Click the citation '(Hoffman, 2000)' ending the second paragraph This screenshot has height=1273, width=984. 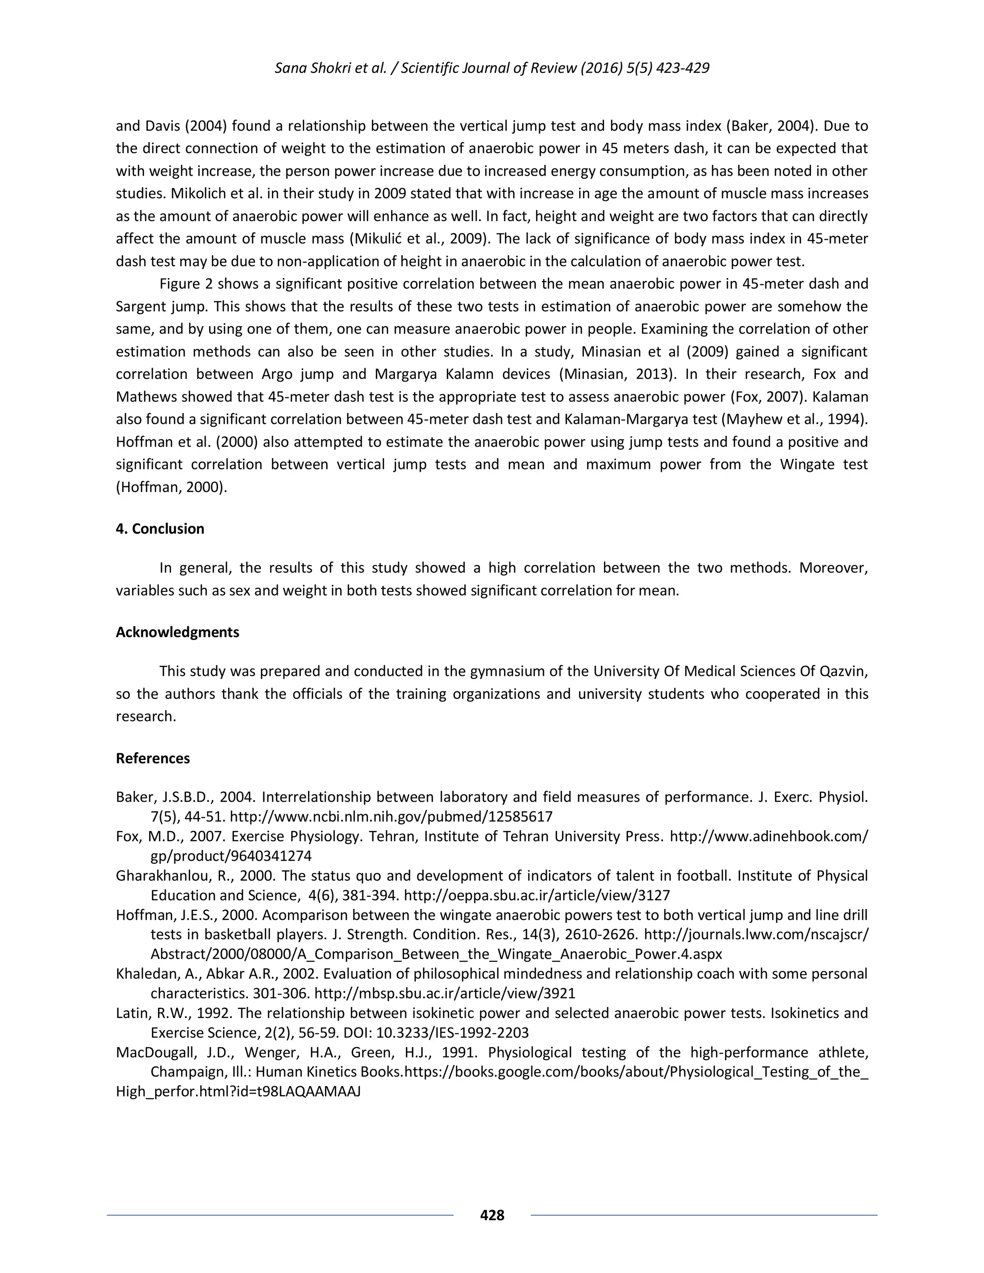click(x=172, y=487)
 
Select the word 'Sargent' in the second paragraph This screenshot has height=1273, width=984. click(x=140, y=306)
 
